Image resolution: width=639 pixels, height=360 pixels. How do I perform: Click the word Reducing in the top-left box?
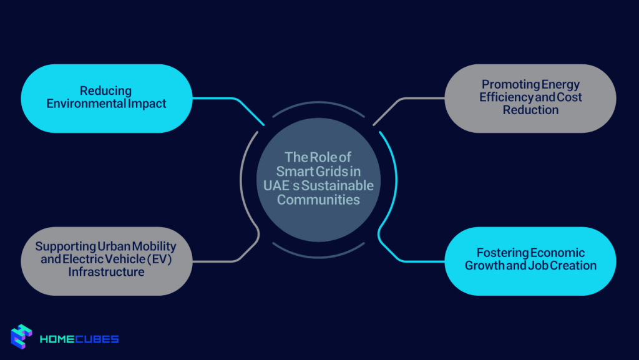click(x=106, y=91)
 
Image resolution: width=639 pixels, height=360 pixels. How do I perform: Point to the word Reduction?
click(x=530, y=110)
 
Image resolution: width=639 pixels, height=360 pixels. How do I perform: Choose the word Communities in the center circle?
click(x=318, y=200)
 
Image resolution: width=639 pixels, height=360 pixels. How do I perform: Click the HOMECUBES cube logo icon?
click(x=21, y=337)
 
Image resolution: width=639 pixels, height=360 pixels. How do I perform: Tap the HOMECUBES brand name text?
click(x=79, y=339)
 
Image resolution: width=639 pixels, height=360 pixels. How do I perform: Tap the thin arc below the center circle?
click(x=318, y=256)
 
